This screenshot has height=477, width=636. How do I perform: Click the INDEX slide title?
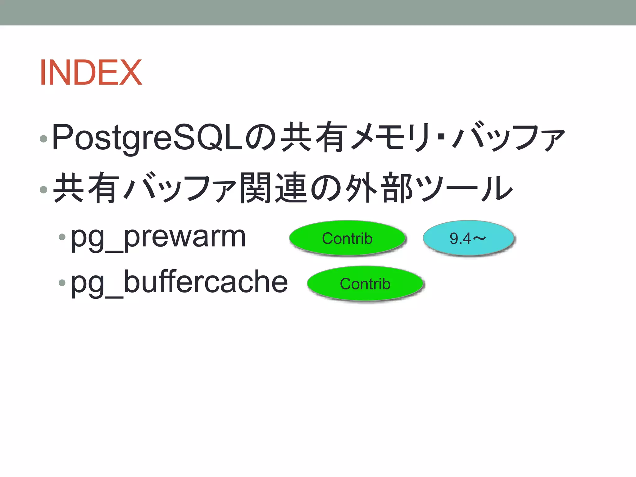tap(91, 73)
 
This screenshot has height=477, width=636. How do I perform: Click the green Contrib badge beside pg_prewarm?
tap(347, 238)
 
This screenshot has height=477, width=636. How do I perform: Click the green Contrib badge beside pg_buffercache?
tap(365, 284)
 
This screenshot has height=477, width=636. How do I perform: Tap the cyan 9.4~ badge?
tap(468, 238)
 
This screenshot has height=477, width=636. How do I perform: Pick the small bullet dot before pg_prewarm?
tap(62, 237)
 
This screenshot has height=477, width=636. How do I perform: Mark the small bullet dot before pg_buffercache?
tap(62, 282)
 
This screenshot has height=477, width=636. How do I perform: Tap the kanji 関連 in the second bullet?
tap(274, 188)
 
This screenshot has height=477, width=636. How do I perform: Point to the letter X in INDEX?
tap(131, 73)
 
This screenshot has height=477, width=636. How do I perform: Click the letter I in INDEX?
tap(43, 73)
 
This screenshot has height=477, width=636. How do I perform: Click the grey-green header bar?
tap(318, 12)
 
